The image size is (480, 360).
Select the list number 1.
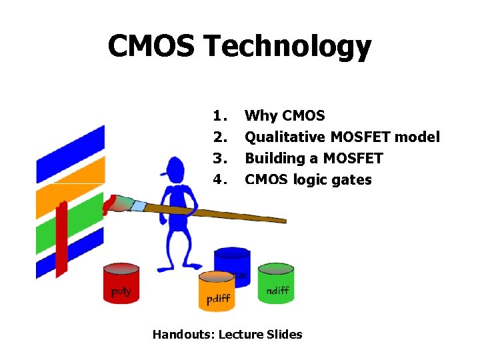pyautogui.click(x=219, y=115)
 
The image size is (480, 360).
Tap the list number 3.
pyautogui.click(x=219, y=158)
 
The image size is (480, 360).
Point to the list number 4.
pyautogui.click(x=219, y=179)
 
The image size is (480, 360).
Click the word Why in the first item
pyautogui.click(x=261, y=116)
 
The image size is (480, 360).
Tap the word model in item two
pyautogui.click(x=418, y=137)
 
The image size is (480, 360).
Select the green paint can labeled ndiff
pyautogui.click(x=277, y=283)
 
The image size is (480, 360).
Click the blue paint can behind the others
pyautogui.click(x=232, y=260)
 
